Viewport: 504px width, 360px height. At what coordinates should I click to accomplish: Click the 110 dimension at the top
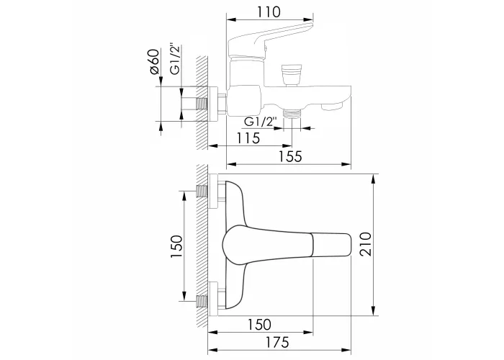tap(269, 12)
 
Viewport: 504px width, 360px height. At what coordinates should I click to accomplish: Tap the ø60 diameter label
tap(155, 62)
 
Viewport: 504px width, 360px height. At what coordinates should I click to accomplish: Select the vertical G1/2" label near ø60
tap(176, 59)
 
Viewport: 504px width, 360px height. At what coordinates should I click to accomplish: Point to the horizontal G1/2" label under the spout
tap(261, 122)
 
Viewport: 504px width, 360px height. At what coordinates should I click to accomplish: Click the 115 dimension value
tap(248, 138)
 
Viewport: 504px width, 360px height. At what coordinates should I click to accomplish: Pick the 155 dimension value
tap(290, 156)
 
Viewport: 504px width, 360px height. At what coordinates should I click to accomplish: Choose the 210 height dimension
tap(366, 244)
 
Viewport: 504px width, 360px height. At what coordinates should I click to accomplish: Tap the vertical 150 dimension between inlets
tap(176, 246)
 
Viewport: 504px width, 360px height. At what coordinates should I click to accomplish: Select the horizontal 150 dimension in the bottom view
tap(259, 325)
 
